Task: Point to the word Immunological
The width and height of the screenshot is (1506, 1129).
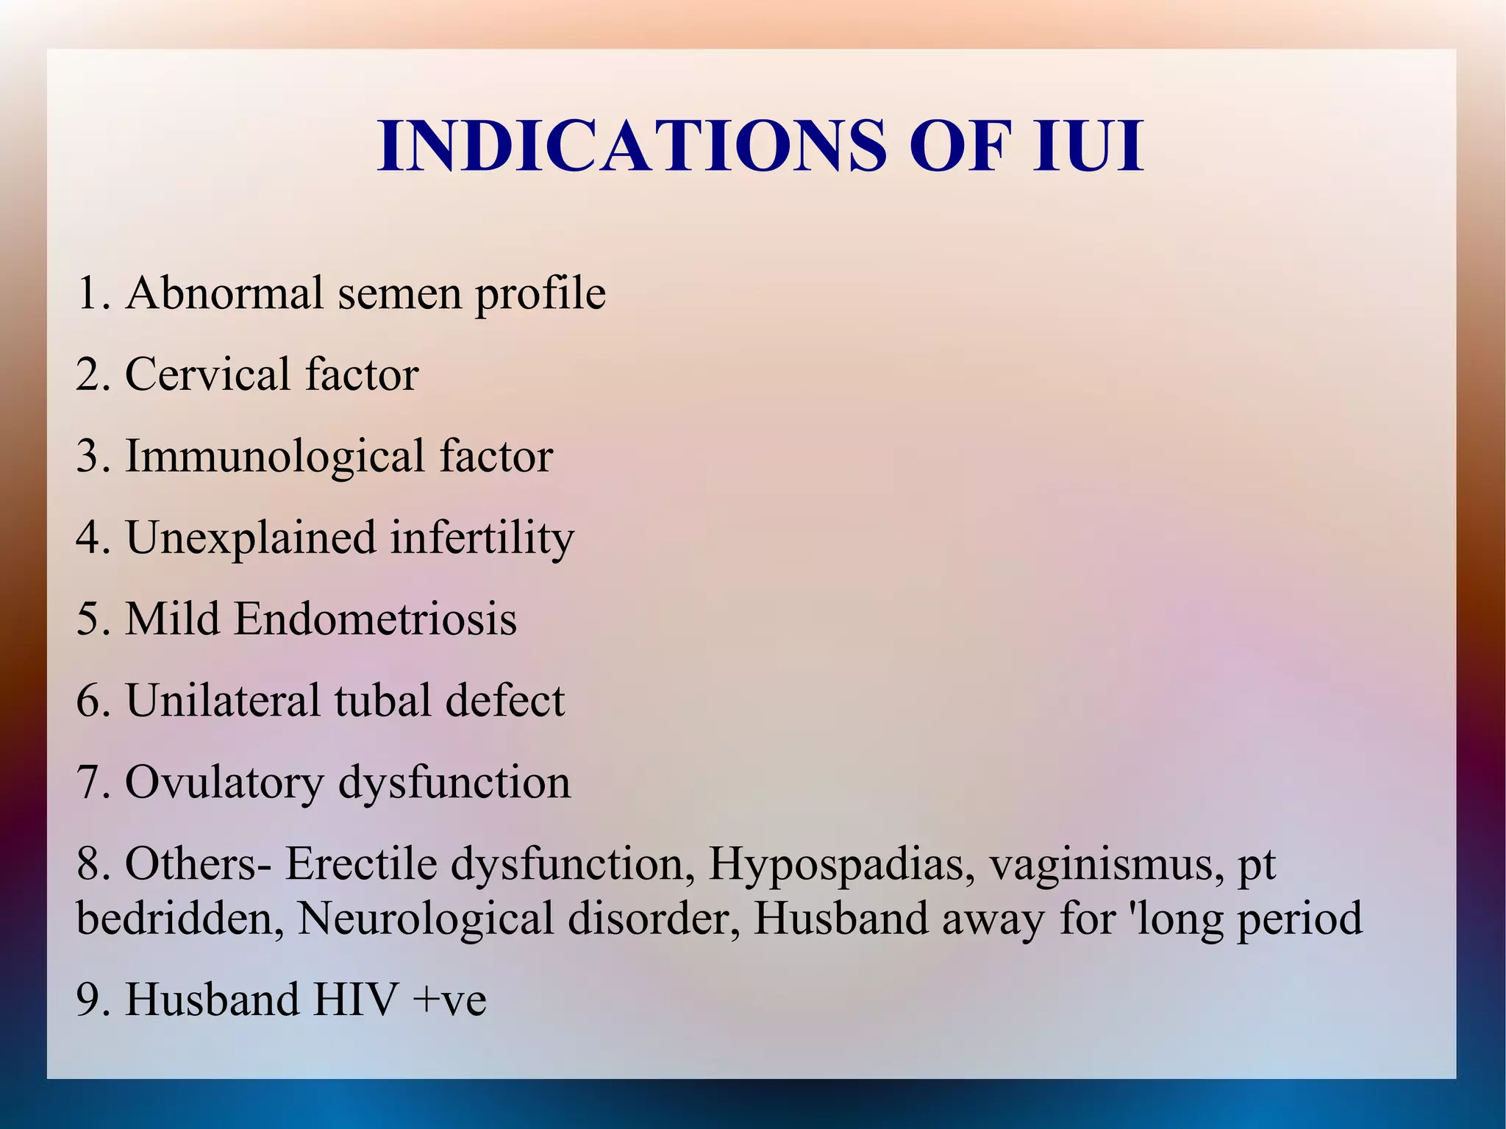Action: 275,457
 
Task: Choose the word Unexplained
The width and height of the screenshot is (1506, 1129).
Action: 251,538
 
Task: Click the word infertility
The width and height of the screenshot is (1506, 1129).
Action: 482,539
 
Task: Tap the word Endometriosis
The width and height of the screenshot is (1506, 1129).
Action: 375,619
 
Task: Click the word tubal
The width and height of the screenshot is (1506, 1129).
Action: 382,700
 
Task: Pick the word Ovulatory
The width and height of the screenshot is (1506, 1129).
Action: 224,783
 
